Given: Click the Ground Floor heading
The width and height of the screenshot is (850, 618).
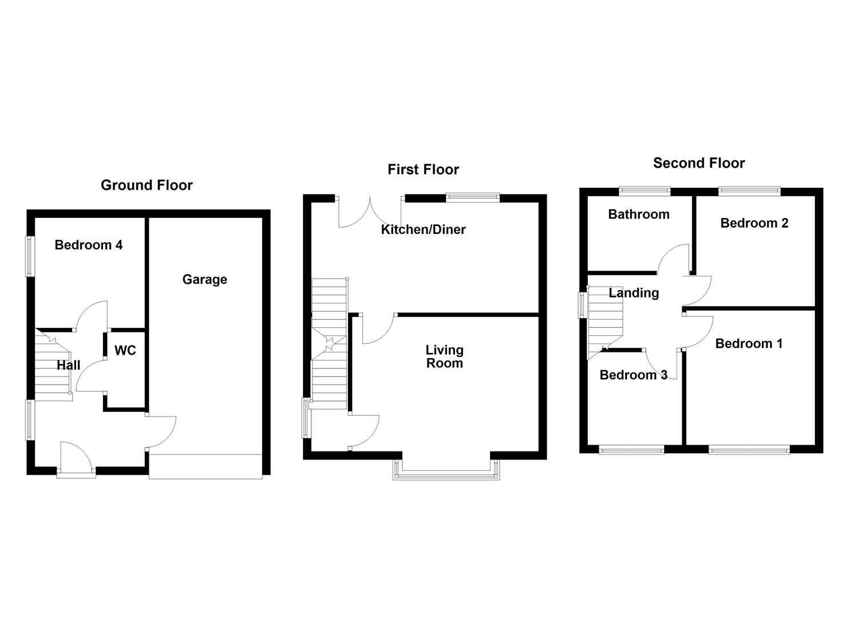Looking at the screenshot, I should pyautogui.click(x=147, y=185).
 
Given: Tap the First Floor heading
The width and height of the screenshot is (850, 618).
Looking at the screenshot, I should pyautogui.click(x=423, y=169).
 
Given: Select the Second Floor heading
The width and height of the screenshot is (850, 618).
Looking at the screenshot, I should pyautogui.click(x=699, y=163).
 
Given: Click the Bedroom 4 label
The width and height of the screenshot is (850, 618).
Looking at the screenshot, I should pyautogui.click(x=89, y=245).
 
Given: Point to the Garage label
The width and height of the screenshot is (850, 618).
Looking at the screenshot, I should pyautogui.click(x=204, y=279).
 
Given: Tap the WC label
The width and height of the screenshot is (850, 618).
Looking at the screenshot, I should pyautogui.click(x=125, y=350).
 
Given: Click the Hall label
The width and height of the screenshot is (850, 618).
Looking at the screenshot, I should pyautogui.click(x=69, y=365).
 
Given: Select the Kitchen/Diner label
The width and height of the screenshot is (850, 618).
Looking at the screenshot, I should pyautogui.click(x=423, y=229).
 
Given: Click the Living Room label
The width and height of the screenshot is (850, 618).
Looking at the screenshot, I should pyautogui.click(x=445, y=356).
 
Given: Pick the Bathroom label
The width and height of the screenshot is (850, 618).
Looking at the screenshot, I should pyautogui.click(x=639, y=214).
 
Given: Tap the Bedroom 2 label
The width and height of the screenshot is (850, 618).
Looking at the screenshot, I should pyautogui.click(x=754, y=223).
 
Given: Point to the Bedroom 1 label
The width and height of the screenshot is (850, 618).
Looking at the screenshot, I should pyautogui.click(x=749, y=343).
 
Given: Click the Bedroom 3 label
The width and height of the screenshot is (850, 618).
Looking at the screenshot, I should pyautogui.click(x=633, y=375).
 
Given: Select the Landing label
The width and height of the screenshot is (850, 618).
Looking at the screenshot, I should pyautogui.click(x=634, y=293).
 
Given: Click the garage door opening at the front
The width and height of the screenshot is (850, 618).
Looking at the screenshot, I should pyautogui.click(x=205, y=466).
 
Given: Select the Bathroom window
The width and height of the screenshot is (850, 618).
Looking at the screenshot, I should pyautogui.click(x=645, y=191).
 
